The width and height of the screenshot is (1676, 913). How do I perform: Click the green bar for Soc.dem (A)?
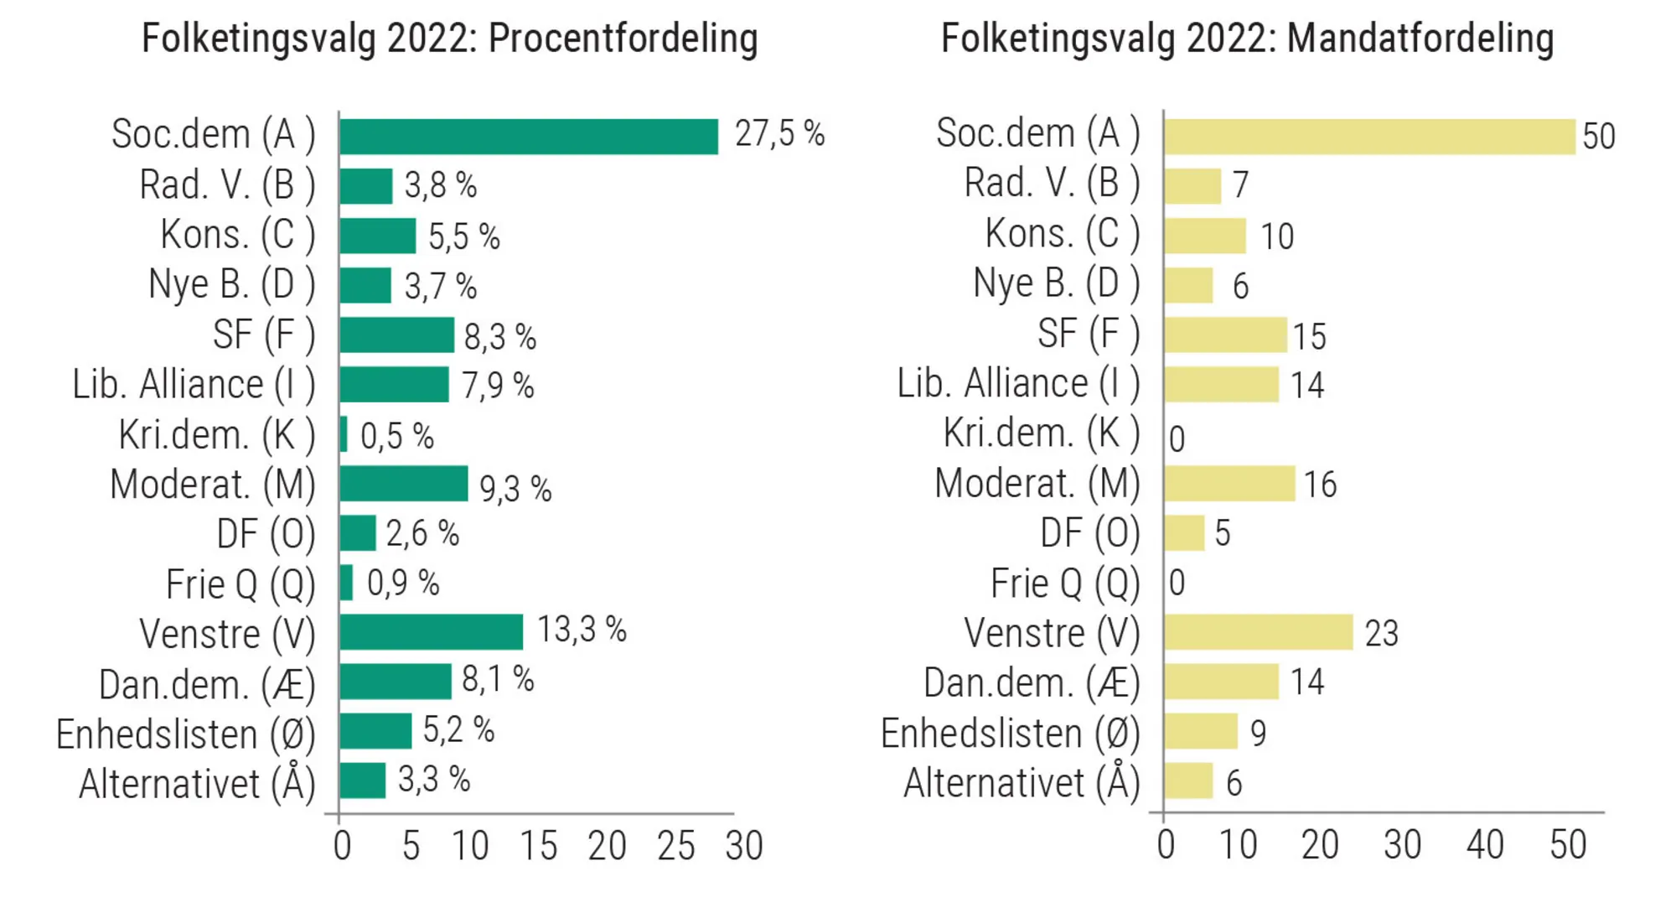coord(529,137)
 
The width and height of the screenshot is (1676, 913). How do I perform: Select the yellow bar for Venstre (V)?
coord(1258,632)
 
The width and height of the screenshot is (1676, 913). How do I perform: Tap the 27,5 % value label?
coord(779,134)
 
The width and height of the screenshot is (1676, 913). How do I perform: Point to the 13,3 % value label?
coord(582,630)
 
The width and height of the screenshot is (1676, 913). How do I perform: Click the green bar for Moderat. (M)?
coord(404,484)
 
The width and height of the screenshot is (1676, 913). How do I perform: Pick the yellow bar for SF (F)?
coord(1225,335)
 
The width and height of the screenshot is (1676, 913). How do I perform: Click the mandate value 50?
coord(1598,137)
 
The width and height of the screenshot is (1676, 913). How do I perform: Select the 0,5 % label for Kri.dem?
coord(397,436)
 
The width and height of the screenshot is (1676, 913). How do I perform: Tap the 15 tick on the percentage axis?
coord(538,846)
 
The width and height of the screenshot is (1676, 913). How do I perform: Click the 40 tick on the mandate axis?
coord(1485,845)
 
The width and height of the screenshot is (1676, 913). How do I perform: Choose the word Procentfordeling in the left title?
coord(623,39)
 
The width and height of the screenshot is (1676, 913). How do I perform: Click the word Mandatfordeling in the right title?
coord(1420,39)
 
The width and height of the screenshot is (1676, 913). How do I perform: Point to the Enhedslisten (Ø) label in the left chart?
coord(185,734)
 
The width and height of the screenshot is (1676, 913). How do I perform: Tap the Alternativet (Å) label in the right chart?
coord(1022,783)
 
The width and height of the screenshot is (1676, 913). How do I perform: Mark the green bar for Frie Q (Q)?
coord(346,583)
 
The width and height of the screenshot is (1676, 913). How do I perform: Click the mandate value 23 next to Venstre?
coord(1381,633)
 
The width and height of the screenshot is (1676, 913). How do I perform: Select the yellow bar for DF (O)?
coord(1184,533)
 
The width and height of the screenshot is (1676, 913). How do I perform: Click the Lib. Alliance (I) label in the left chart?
coord(194,385)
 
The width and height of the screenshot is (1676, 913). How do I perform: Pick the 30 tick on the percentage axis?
coord(743,846)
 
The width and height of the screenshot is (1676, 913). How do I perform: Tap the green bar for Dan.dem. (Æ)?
coord(396,682)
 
